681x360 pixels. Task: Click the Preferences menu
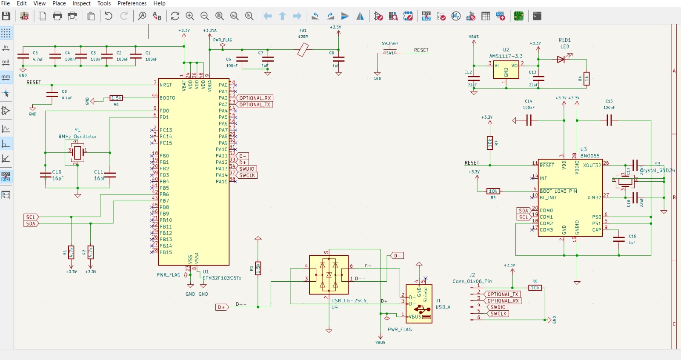tap(132, 3)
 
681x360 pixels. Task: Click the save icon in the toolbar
tap(6, 16)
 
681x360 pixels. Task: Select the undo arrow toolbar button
tap(109, 16)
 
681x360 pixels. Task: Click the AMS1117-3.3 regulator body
tap(506, 70)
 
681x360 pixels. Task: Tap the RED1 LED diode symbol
tap(561, 60)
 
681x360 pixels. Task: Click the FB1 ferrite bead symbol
tap(303, 50)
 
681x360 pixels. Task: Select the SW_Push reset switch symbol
tap(390, 52)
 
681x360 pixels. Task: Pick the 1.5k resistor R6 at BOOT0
tap(116, 98)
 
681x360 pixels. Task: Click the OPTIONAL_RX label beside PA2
tap(255, 98)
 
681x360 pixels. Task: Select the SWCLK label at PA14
tap(247, 175)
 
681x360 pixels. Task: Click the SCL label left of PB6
tap(31, 217)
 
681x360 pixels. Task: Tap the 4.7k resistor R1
tap(71, 252)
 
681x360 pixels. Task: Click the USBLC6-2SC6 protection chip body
tap(329, 275)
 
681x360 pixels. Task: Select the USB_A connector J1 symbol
tap(419, 304)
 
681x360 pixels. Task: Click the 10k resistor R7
tap(490, 143)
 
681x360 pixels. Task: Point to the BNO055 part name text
tap(590, 156)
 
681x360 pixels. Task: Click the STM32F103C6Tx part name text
tap(222, 278)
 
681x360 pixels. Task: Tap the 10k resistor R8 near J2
tap(535, 288)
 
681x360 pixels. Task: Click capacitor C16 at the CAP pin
tap(619, 239)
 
